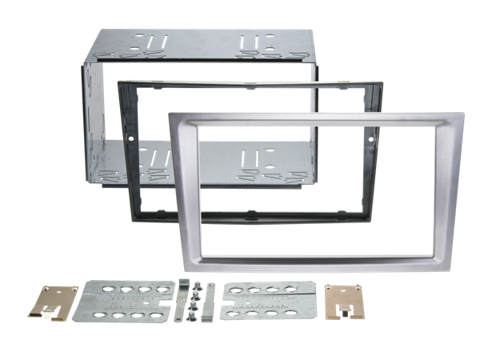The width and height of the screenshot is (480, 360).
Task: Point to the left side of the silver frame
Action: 177,192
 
